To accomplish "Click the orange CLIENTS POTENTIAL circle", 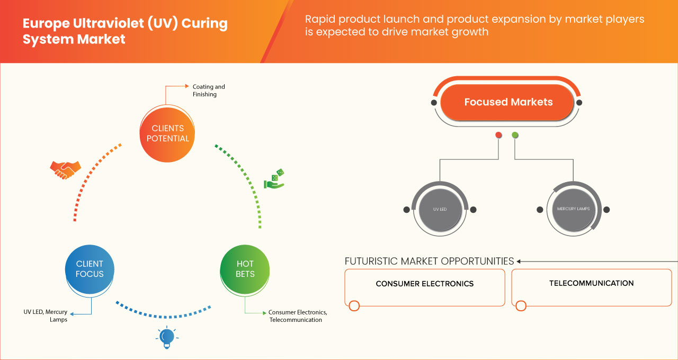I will click(x=167, y=133).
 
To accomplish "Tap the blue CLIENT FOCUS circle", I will click(x=90, y=269).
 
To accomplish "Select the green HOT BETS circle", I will click(x=245, y=269).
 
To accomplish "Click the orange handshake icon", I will click(x=65, y=170).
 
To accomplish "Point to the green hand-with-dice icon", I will click(x=274, y=179).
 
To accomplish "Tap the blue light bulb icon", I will click(x=167, y=337).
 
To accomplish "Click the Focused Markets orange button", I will click(x=508, y=102).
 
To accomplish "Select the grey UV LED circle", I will click(x=440, y=209).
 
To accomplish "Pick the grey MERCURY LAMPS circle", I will click(x=573, y=209).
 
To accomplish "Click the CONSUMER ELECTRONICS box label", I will click(x=424, y=284).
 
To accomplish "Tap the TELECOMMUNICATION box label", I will click(x=591, y=283).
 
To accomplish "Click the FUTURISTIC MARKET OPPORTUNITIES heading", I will click(x=429, y=261).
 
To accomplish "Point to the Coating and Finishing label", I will click(x=208, y=91).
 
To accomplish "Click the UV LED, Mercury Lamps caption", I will click(x=45, y=316).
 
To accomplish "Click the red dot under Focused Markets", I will click(x=498, y=136).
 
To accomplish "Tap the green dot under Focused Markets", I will click(x=515, y=136).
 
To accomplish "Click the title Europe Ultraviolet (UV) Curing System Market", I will click(x=124, y=31).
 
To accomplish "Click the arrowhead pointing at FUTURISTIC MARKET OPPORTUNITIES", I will click(x=519, y=261).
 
